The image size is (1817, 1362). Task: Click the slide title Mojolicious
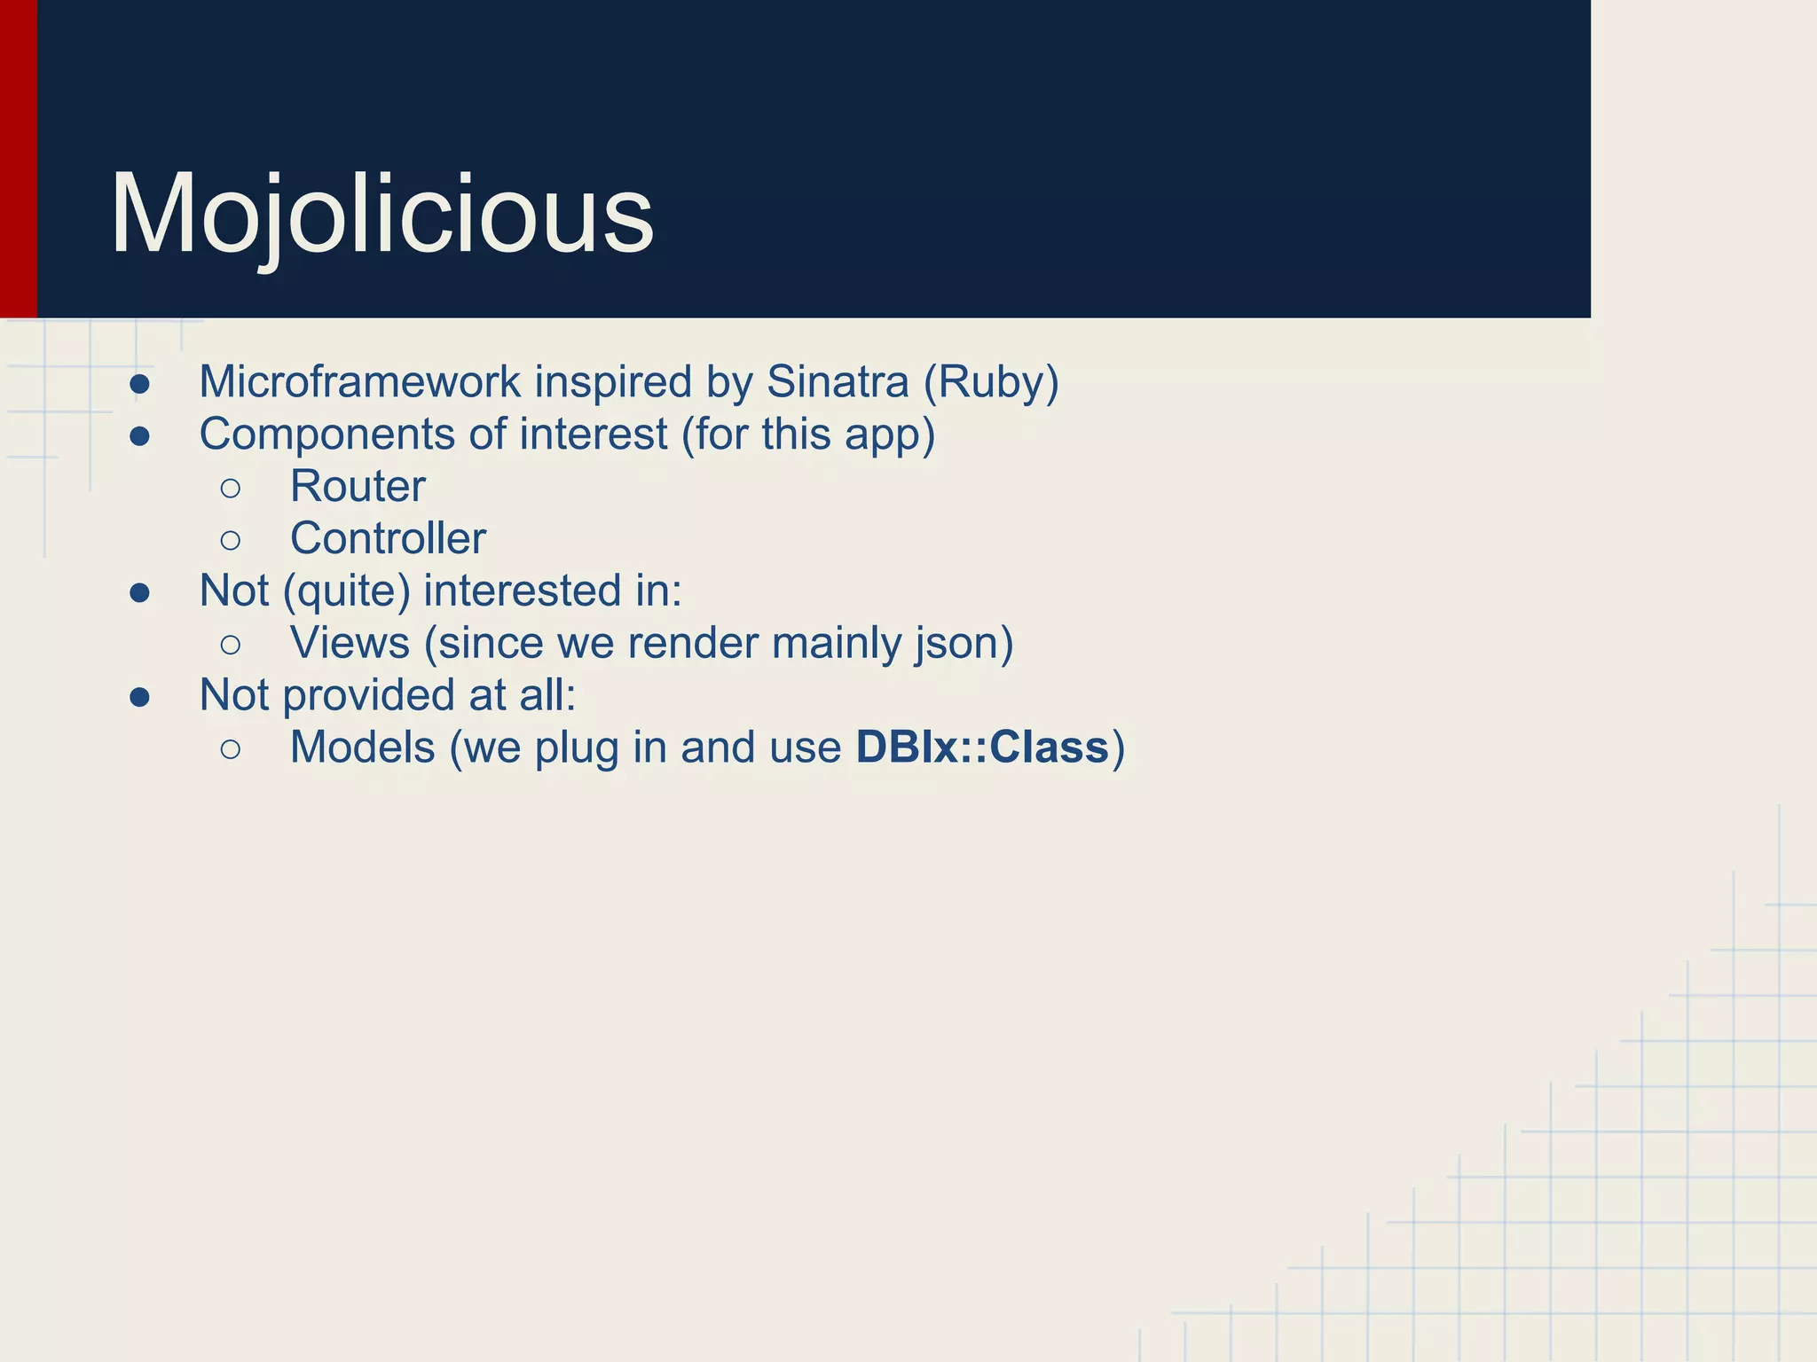tap(381, 215)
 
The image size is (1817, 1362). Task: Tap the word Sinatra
tap(838, 382)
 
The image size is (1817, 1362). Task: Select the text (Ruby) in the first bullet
tap(991, 382)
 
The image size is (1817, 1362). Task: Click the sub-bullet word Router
tap(358, 487)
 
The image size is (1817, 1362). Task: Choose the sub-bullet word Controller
tap(388, 539)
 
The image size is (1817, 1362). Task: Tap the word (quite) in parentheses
tap(346, 591)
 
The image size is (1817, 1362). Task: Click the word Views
tap(350, 643)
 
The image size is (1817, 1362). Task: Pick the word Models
tap(362, 748)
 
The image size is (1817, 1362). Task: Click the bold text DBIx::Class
tap(982, 748)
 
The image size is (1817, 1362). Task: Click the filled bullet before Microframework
tap(139, 384)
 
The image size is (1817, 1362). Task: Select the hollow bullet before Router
tap(231, 488)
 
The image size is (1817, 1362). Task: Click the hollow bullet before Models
tap(231, 749)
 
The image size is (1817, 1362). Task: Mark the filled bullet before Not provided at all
tap(139, 697)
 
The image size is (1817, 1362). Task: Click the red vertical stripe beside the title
tap(18, 160)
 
